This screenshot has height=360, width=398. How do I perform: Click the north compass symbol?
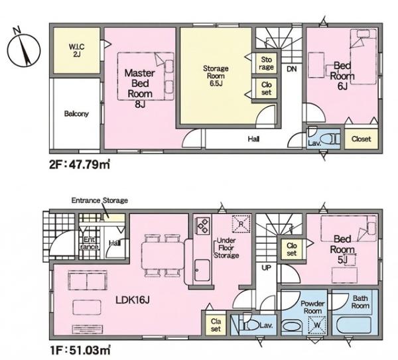(23, 48)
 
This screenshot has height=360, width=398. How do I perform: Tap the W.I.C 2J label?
(76, 50)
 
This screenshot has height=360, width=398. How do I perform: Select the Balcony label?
(76, 113)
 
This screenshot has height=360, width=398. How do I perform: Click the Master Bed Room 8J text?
(140, 89)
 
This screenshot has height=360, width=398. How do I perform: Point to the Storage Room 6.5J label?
(216, 76)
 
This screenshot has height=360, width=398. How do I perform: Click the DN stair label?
(292, 69)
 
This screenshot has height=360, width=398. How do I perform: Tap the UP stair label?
(266, 267)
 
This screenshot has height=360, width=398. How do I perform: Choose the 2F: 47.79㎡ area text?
(80, 164)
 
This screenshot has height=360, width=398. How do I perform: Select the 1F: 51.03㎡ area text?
(80, 350)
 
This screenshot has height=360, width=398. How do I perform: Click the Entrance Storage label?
(99, 200)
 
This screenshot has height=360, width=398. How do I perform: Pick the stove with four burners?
(202, 225)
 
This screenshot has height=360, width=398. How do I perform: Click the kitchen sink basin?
(202, 270)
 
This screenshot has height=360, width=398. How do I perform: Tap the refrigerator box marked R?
(241, 223)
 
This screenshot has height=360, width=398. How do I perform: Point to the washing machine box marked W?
(317, 326)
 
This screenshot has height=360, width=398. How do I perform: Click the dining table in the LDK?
(163, 255)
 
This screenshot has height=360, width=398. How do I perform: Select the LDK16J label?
(133, 300)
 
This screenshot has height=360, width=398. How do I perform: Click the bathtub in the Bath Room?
(354, 326)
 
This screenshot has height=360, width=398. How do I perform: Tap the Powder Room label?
(312, 307)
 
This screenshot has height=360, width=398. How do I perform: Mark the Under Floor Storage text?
(226, 248)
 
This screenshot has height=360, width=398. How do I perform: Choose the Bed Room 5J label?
(342, 249)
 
